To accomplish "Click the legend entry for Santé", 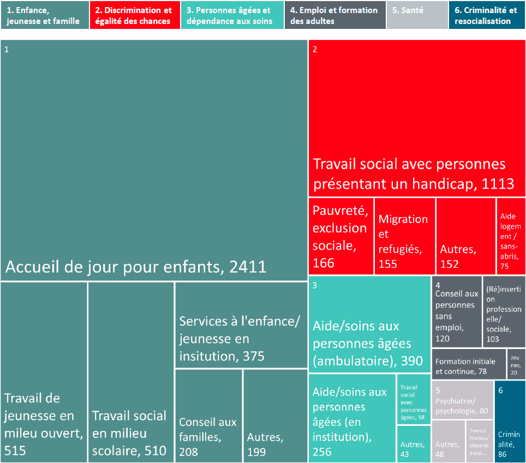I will click(x=417, y=15).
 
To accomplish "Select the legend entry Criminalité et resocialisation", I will click(x=487, y=15).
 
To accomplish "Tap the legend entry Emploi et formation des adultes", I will click(x=334, y=15).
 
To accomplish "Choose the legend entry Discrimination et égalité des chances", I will click(x=135, y=15).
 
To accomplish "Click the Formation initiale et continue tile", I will click(x=469, y=364).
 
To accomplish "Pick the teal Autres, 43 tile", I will click(x=413, y=444).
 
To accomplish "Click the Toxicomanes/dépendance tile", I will click(x=479, y=441).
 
